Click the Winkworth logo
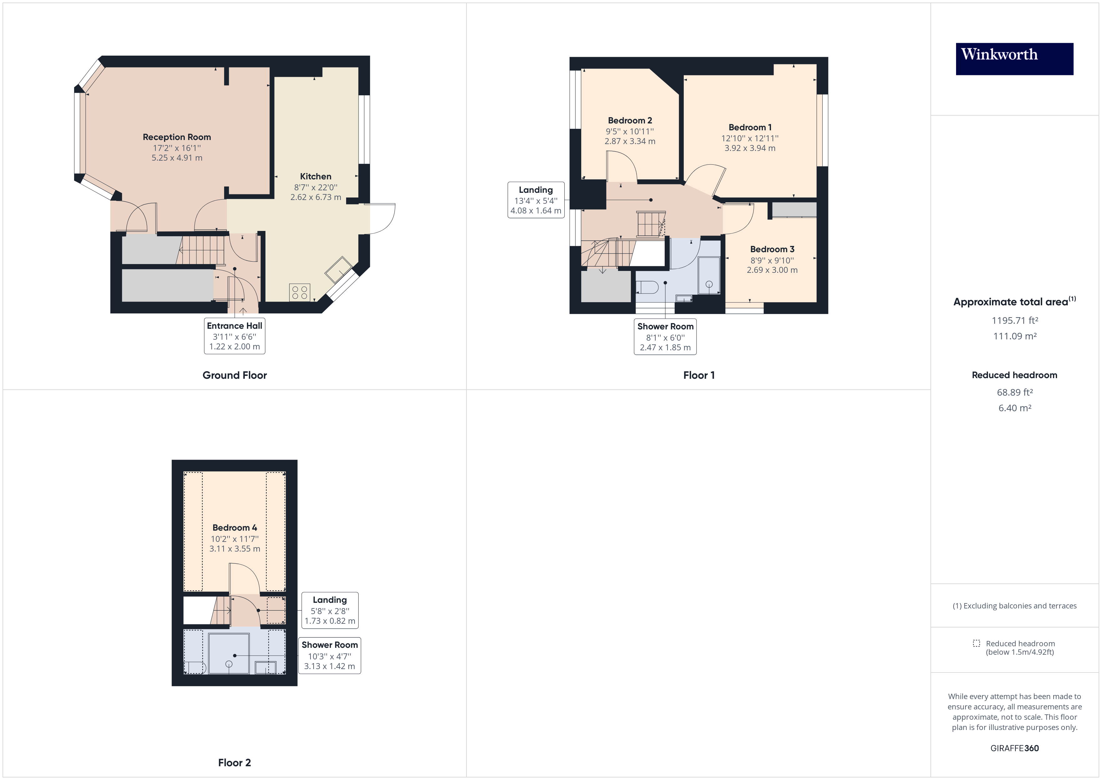tap(1014, 59)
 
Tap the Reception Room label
tap(177, 137)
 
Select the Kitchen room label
tap(316, 176)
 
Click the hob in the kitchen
tap(300, 292)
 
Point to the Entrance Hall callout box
tap(234, 336)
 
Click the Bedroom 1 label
tap(750, 127)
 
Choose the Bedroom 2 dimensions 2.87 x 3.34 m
tap(630, 141)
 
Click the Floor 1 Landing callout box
tap(536, 200)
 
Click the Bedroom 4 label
tap(234, 527)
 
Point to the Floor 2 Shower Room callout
tap(330, 655)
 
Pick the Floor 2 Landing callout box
tap(330, 610)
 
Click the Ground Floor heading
tap(234, 375)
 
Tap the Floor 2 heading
tap(234, 763)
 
